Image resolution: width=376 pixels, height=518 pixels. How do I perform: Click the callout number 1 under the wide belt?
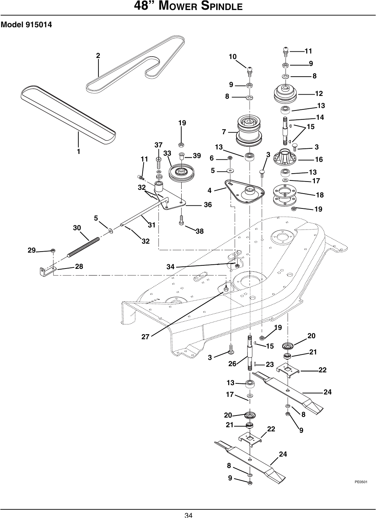79,152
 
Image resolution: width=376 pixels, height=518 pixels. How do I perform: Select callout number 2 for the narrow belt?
98,56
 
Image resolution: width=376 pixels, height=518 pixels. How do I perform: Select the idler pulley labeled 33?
181,173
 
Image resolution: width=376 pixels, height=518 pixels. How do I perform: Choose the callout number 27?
145,337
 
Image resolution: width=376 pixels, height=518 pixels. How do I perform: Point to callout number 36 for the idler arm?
208,205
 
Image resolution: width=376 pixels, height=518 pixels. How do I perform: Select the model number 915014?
38,25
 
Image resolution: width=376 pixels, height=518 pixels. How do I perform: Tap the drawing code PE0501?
360,481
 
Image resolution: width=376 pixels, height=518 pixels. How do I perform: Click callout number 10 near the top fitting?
232,57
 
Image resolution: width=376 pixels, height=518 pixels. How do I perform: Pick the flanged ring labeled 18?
285,195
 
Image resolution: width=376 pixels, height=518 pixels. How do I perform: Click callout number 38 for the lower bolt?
200,232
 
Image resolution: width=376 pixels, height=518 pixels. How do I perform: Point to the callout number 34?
170,267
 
